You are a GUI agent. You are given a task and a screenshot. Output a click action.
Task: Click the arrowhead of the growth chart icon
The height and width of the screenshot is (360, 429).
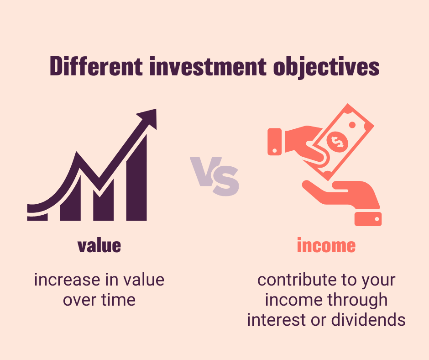point(147,119)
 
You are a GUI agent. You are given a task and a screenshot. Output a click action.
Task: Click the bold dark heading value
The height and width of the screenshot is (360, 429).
point(99,246)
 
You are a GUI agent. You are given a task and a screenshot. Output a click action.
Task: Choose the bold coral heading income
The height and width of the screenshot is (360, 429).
point(326,246)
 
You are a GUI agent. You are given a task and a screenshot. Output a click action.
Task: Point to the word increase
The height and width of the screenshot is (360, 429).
point(62,280)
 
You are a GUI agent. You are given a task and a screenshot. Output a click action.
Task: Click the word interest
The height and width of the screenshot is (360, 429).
point(276,320)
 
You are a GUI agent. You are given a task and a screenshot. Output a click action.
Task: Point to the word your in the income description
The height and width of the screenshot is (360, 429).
point(377,280)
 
